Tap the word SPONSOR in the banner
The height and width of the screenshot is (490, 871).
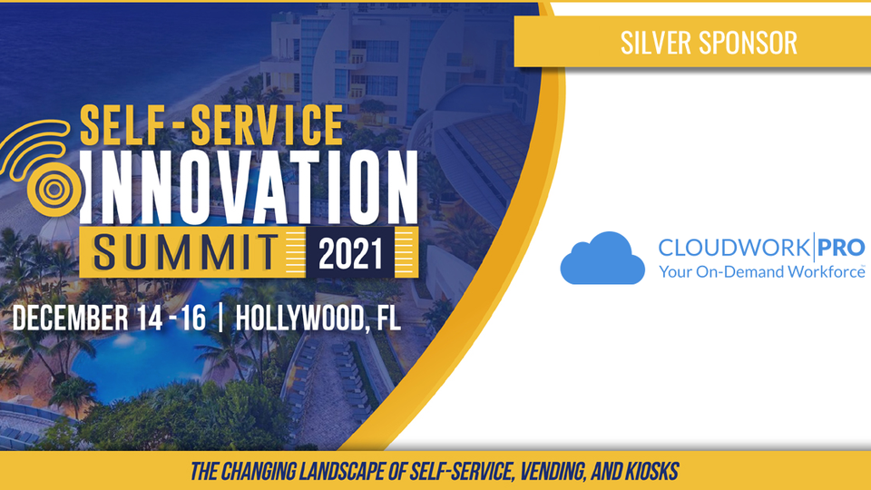point(748,43)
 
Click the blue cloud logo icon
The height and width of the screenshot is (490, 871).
point(602,258)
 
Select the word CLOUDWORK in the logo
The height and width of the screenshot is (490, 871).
point(734,247)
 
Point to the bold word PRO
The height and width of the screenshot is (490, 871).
point(842,247)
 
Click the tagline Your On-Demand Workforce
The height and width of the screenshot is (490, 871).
point(761,271)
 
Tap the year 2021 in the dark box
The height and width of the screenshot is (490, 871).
point(350,253)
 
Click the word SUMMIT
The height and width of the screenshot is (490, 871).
point(185,253)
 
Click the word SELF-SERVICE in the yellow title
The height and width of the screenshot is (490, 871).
point(211,125)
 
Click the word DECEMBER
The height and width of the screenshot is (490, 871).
point(70,318)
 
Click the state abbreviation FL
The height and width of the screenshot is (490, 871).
point(388,318)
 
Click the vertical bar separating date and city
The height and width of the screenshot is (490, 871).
point(221,318)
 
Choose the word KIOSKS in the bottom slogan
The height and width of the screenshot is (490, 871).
point(652,472)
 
